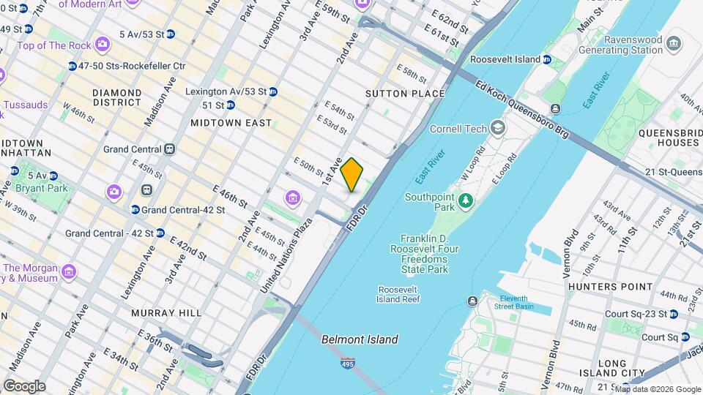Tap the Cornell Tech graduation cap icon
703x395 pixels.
click(x=498, y=129)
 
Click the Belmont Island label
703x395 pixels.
click(x=360, y=339)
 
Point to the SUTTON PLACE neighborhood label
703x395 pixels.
click(x=405, y=94)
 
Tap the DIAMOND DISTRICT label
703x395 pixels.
click(x=116, y=98)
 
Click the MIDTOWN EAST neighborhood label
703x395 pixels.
click(x=231, y=123)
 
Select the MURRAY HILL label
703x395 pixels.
click(x=166, y=313)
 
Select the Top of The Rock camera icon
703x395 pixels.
click(x=103, y=45)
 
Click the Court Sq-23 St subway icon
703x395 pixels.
click(x=673, y=314)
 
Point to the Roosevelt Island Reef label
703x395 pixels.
click(x=398, y=294)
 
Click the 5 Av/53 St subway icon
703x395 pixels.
click(x=170, y=34)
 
